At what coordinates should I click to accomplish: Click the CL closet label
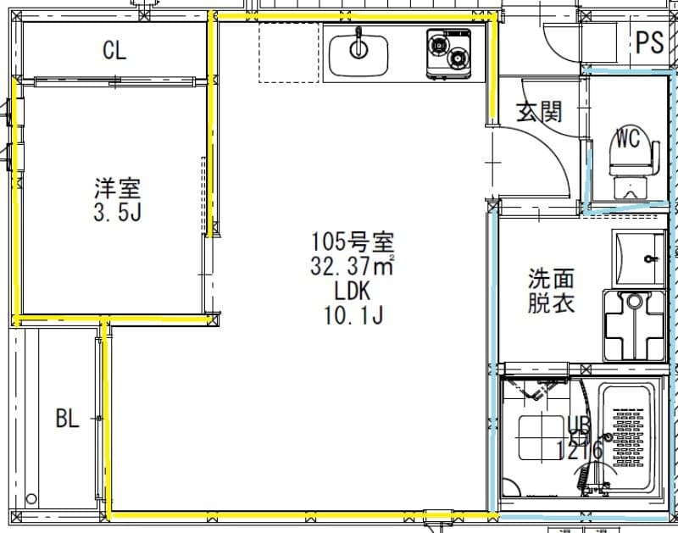[114, 51]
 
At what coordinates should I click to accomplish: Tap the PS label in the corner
[650, 42]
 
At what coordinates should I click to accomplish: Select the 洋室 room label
[117, 187]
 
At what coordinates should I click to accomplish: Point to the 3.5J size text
[117, 212]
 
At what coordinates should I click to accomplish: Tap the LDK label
[353, 291]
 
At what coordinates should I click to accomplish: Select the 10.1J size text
[353, 317]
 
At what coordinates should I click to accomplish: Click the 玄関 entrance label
[539, 111]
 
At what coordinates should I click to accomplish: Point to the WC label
[628, 137]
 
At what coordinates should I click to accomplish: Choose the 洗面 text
[552, 278]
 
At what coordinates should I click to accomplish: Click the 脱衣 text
[552, 303]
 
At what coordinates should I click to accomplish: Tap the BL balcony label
[67, 418]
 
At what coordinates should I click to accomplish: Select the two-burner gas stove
[449, 53]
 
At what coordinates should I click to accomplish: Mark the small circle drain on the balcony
[33, 499]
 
